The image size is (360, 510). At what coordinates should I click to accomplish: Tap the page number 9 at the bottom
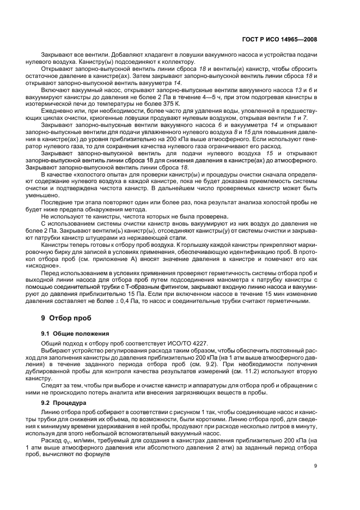[316, 465]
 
